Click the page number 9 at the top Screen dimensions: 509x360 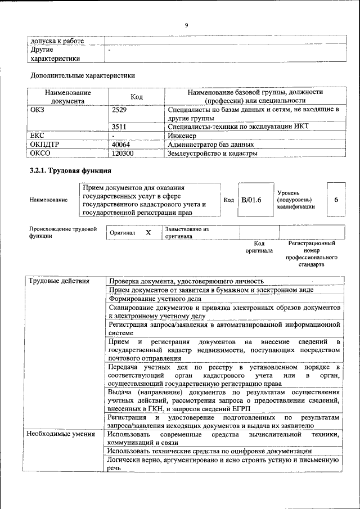(186, 25)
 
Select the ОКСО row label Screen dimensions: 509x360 (40, 153)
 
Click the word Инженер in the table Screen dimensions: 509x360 (182, 136)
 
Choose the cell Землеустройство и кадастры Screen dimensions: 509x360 (213, 153)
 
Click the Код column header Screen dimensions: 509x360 (137, 97)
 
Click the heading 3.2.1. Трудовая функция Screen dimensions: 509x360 (70, 170)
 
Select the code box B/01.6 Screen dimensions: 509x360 (251, 200)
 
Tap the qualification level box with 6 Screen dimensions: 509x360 (336, 200)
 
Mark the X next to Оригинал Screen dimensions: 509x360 (148, 232)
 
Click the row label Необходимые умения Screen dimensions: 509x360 (57, 435)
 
